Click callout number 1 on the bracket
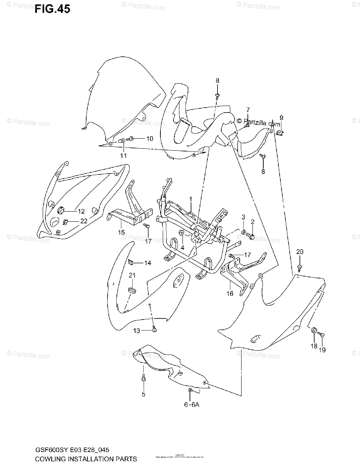191,199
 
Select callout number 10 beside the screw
139,139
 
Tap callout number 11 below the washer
123,156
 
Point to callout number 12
81,211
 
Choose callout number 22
84,221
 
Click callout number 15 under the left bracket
121,232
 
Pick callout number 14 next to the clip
148,263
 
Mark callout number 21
132,275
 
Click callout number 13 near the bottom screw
137,330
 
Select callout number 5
143,395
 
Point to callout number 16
230,294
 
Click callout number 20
299,252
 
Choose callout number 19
322,350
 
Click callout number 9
282,118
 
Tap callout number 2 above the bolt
252,222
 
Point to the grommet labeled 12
61,211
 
